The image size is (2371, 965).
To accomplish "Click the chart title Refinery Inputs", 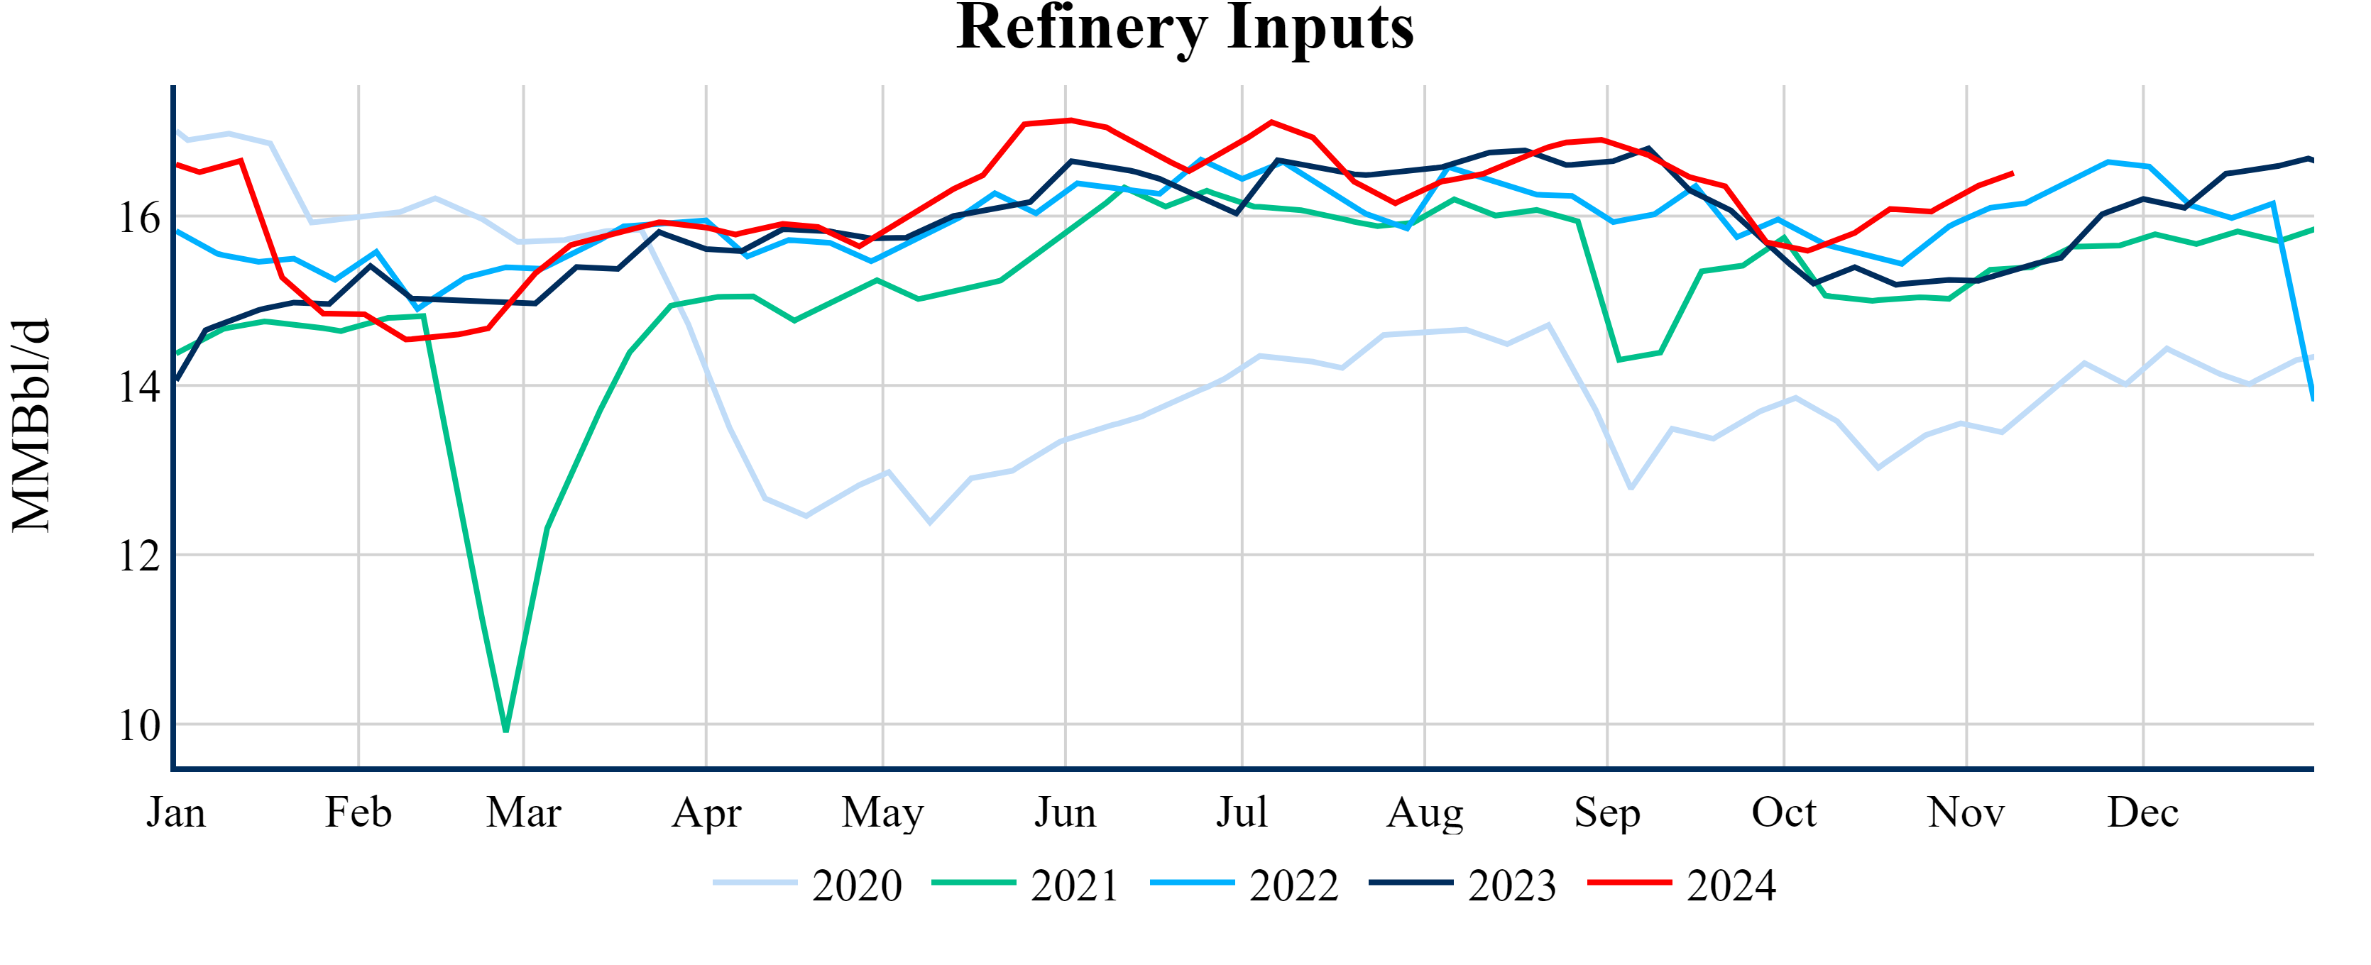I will click(1185, 28).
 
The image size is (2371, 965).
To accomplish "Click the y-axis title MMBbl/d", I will click(31, 425).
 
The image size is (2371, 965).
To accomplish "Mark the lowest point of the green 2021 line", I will click(506, 730).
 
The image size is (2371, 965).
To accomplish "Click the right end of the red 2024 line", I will click(2013, 173).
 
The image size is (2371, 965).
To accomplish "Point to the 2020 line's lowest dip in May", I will click(930, 522).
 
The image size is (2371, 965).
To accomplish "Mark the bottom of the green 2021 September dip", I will click(1619, 360).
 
